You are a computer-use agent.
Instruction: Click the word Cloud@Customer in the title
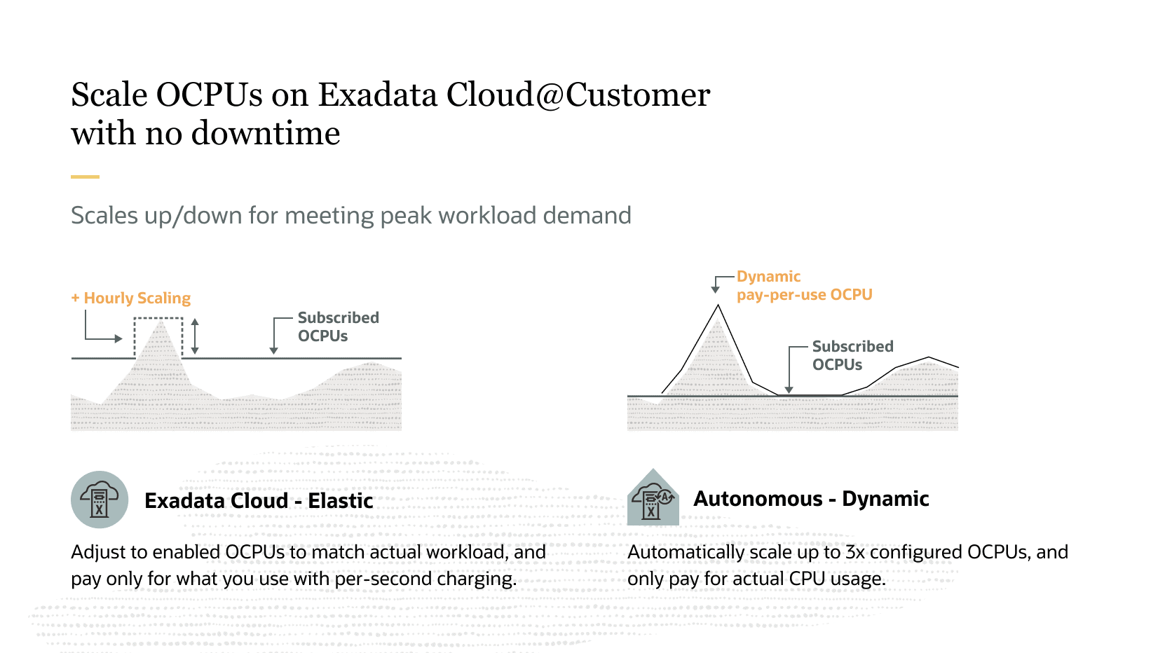click(x=578, y=95)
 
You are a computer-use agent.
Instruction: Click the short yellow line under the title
click(x=85, y=177)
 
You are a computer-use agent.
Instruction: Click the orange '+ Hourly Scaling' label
click(x=131, y=298)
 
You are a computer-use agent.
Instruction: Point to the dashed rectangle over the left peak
click(x=158, y=336)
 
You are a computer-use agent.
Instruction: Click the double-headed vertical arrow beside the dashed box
click(x=195, y=336)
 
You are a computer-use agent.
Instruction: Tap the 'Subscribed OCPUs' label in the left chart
click(x=338, y=326)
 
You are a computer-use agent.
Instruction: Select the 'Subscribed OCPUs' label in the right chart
click(x=852, y=355)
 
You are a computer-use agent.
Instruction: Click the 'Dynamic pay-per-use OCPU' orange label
click(x=804, y=286)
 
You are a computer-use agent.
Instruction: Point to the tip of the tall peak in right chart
click(x=718, y=305)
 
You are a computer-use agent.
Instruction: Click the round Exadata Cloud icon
click(x=100, y=500)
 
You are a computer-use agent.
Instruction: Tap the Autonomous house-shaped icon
click(x=653, y=498)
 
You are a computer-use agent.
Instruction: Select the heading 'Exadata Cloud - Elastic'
click(x=259, y=500)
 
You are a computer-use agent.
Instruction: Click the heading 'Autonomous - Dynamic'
click(x=811, y=499)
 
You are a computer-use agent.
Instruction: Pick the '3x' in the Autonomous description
click(x=855, y=552)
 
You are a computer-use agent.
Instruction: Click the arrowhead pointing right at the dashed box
click(x=118, y=338)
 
